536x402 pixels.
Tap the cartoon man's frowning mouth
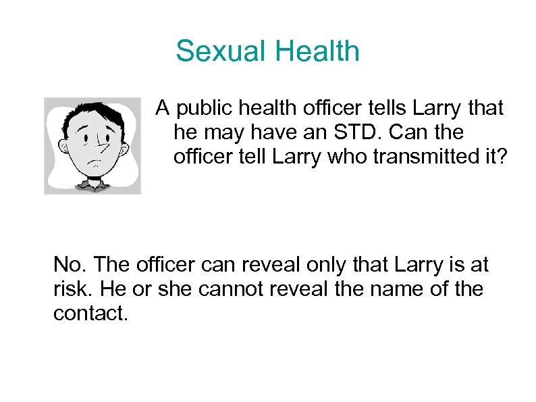point(98,164)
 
